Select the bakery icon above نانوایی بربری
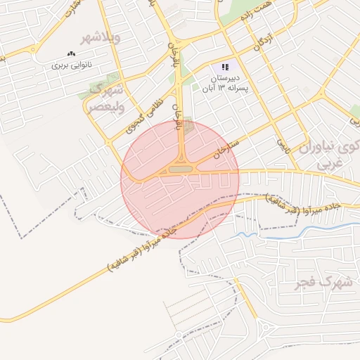tap(71, 54)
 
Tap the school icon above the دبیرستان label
tap(225, 65)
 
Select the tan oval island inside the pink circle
tap(180, 169)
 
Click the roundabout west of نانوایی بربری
tap(32, 49)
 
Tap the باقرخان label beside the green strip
tap(170, 53)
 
